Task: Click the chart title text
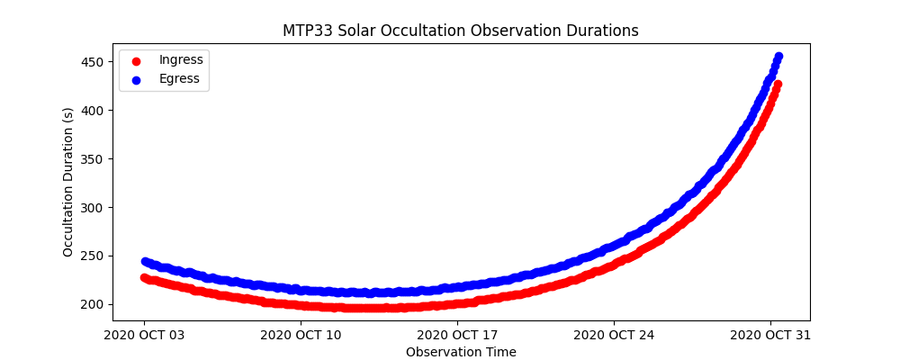461,31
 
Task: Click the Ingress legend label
181,59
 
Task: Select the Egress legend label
179,78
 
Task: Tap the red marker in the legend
136,60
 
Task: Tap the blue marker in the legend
136,79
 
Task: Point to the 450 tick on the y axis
94,62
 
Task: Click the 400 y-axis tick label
94,111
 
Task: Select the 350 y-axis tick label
94,159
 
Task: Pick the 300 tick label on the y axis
94,208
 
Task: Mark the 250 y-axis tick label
94,256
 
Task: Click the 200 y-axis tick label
94,304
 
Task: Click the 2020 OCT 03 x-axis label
144,335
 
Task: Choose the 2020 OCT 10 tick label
301,335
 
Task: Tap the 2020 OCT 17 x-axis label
457,335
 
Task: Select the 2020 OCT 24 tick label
614,335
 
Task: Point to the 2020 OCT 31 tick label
770,335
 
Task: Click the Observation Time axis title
461,352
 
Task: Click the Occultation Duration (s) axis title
68,182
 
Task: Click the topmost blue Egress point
778,57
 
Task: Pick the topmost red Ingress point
778,85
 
